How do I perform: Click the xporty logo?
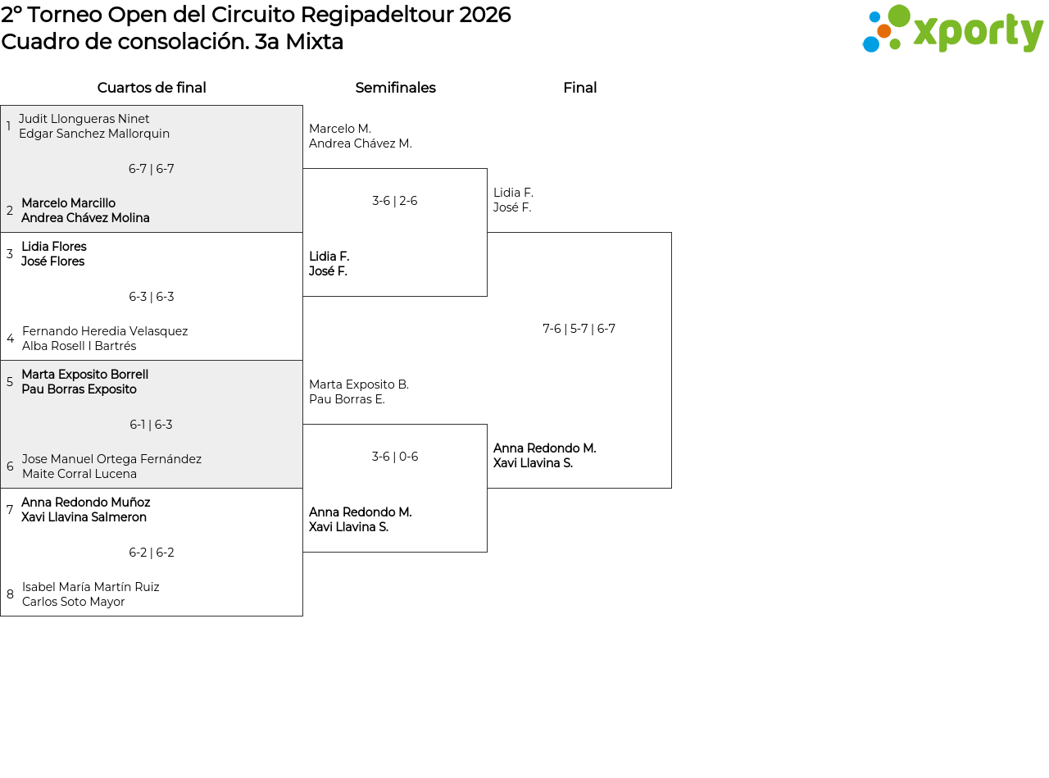(952, 29)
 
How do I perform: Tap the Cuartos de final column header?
(152, 88)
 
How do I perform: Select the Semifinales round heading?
(395, 88)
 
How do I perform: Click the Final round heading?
(580, 88)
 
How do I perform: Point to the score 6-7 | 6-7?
(152, 169)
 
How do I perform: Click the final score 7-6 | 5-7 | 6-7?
(579, 329)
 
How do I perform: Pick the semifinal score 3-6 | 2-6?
(395, 201)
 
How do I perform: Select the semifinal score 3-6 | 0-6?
(395, 456)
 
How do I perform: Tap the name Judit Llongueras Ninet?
(84, 119)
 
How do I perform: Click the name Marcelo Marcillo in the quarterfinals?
(69, 203)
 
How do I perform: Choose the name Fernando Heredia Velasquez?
(105, 330)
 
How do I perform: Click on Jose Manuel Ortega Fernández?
(111, 458)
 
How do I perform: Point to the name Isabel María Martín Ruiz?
(91, 587)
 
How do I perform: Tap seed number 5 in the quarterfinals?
(10, 381)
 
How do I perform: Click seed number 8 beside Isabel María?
(10, 594)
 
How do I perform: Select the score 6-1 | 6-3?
(151, 425)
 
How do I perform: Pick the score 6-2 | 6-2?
(152, 553)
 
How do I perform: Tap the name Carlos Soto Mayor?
(73, 602)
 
